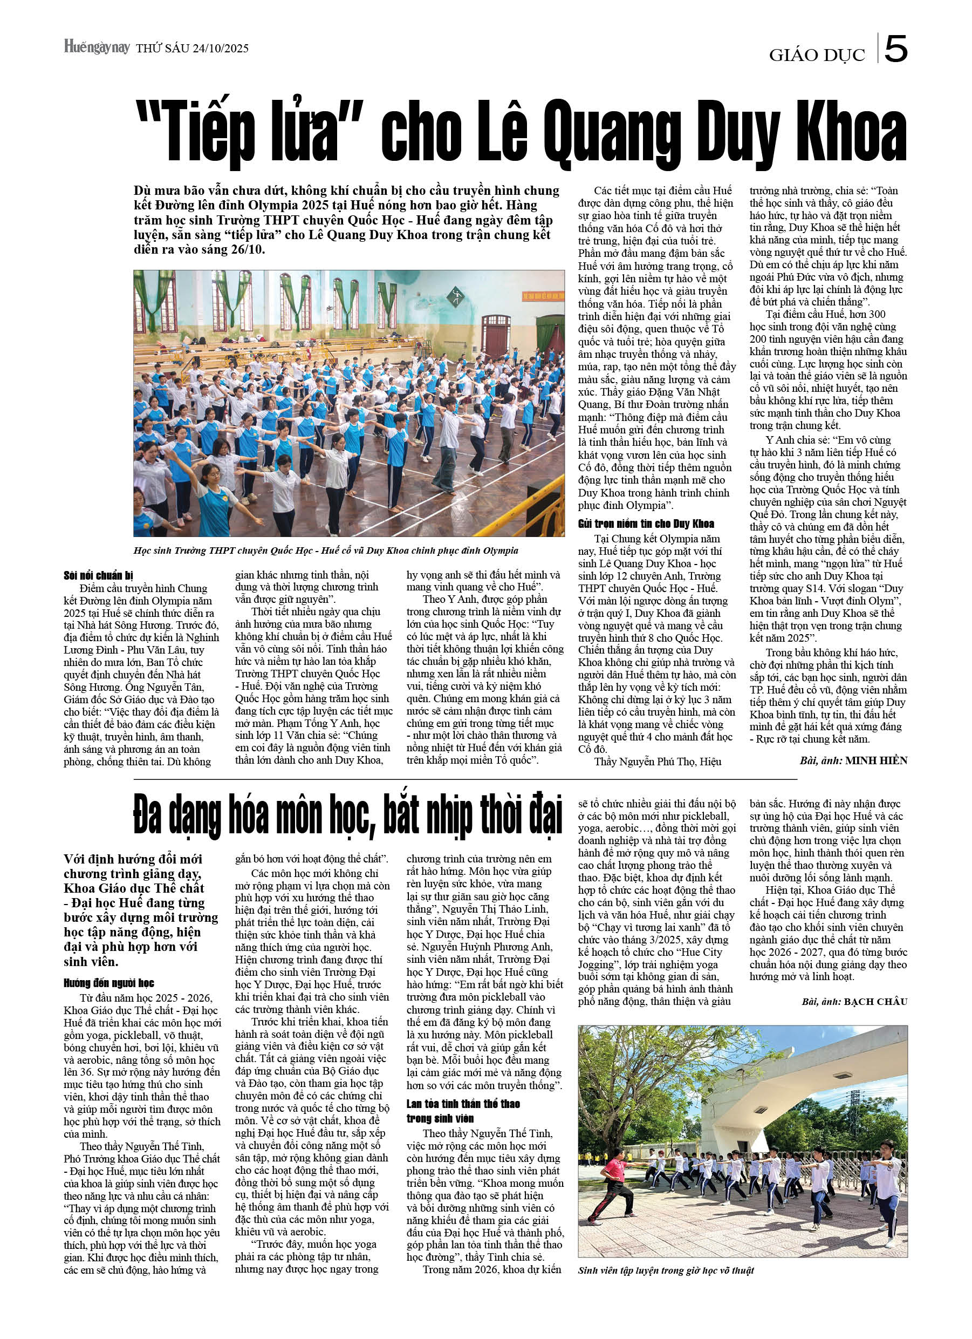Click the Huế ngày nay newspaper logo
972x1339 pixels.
(x=97, y=48)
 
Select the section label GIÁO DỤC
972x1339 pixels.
(x=817, y=55)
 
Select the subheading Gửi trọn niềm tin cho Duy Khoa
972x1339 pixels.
(x=646, y=524)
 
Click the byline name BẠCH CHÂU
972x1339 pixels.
(x=875, y=1001)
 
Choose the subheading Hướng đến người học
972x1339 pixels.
(x=108, y=982)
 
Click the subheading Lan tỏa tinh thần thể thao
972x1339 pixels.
(x=463, y=1104)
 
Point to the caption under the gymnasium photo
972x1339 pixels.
(x=326, y=551)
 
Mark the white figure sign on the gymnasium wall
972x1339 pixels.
(x=456, y=295)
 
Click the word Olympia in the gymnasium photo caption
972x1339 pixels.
(x=499, y=551)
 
